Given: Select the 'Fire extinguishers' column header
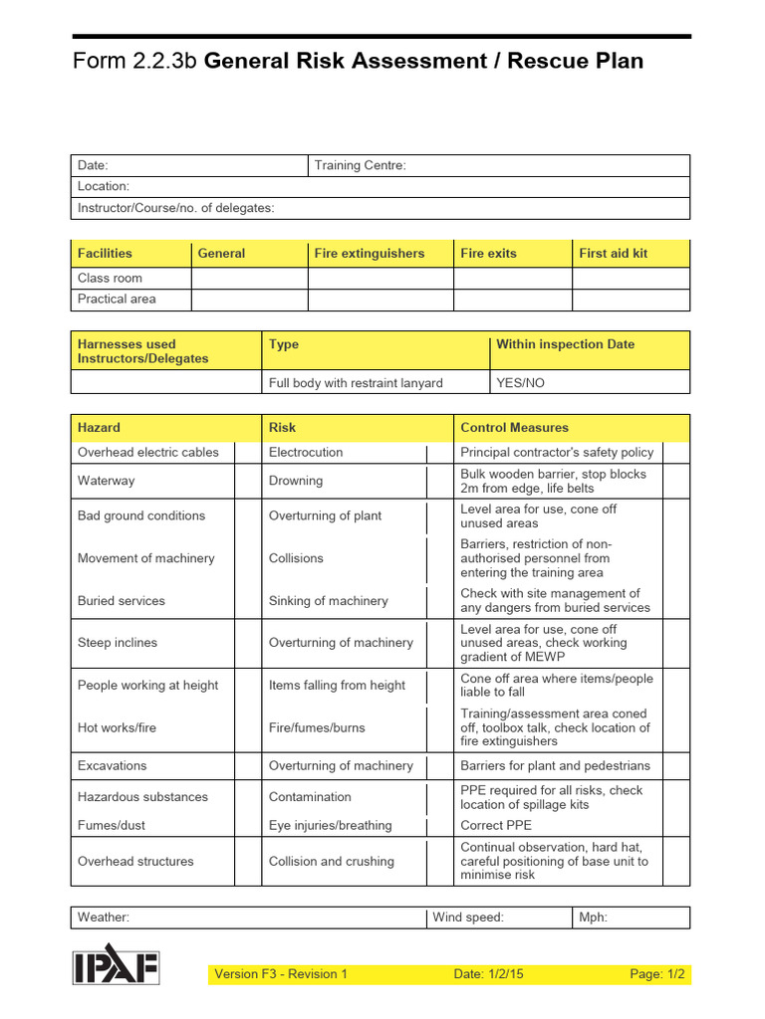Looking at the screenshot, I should [x=369, y=254].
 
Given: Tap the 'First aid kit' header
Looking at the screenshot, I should [x=613, y=254].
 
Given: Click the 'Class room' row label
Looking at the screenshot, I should [x=110, y=279].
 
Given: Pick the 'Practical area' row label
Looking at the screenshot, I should [x=117, y=299].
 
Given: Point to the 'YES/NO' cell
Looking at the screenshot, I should [x=520, y=383].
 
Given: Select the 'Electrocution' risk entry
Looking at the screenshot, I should [x=306, y=452].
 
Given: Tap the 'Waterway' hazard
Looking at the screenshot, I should [x=106, y=481].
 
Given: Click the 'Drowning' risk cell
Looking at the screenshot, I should [x=296, y=481].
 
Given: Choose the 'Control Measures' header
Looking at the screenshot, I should [x=514, y=428].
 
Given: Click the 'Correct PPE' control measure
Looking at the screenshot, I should [x=496, y=825].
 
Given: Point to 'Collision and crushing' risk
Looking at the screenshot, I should [x=331, y=862].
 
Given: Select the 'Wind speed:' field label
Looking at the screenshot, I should [x=468, y=917].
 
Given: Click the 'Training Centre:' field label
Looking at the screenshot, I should [x=360, y=165].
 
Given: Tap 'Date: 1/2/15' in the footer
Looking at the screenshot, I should [x=489, y=974].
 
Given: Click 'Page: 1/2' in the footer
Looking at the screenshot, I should [x=657, y=974].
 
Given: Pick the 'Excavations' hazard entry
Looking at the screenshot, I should [x=112, y=766].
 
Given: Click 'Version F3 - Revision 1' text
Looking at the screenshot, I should [x=281, y=974].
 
